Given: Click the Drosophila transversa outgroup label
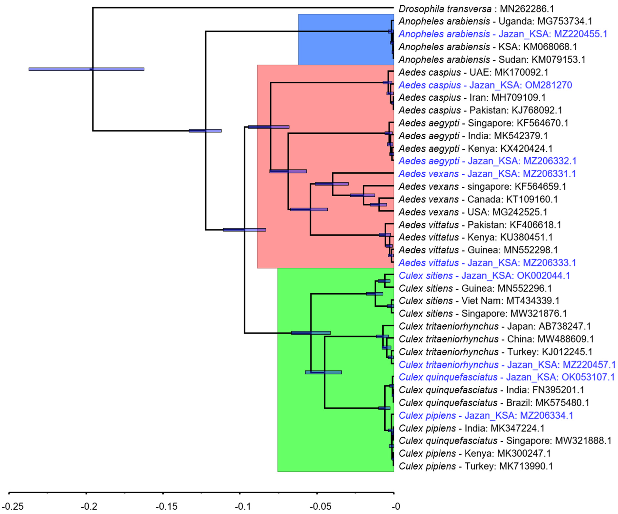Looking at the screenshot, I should tap(476, 9).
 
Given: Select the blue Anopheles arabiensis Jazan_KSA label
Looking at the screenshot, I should tap(503, 34).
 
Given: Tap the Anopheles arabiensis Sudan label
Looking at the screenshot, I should tap(492, 60).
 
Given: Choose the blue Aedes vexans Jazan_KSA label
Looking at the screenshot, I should tap(487, 174).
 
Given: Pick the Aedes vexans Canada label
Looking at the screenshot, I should tap(478, 200).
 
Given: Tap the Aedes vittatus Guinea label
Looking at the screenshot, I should tap(478, 250).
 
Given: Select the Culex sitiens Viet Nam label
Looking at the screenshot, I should tap(479, 301).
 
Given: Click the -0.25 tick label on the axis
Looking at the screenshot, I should tap(12, 506).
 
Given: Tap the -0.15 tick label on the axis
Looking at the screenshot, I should tap(167, 506).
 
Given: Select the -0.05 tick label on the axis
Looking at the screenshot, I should tap(321, 506).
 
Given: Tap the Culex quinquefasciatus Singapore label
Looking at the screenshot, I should tap(505, 441).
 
